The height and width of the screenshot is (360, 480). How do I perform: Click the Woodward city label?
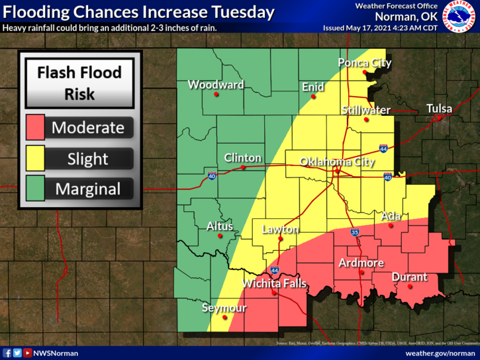216,85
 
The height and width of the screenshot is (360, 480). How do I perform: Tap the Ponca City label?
365,63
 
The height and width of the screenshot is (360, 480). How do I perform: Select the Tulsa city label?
439,109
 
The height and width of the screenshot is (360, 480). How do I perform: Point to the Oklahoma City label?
337,161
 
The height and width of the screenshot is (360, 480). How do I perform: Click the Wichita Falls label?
274,284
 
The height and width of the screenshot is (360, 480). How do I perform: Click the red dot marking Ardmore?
361,273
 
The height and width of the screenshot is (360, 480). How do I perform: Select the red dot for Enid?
312,97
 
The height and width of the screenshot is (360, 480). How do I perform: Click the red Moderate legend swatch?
35,127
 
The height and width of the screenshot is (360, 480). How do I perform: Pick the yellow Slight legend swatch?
35,158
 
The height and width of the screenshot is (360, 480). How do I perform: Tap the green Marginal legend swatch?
35,189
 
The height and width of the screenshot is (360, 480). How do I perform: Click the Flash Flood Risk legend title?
79,83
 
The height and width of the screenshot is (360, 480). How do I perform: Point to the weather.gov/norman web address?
440,353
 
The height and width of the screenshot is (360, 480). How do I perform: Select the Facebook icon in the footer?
7,353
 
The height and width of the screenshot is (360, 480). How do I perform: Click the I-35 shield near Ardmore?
355,233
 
